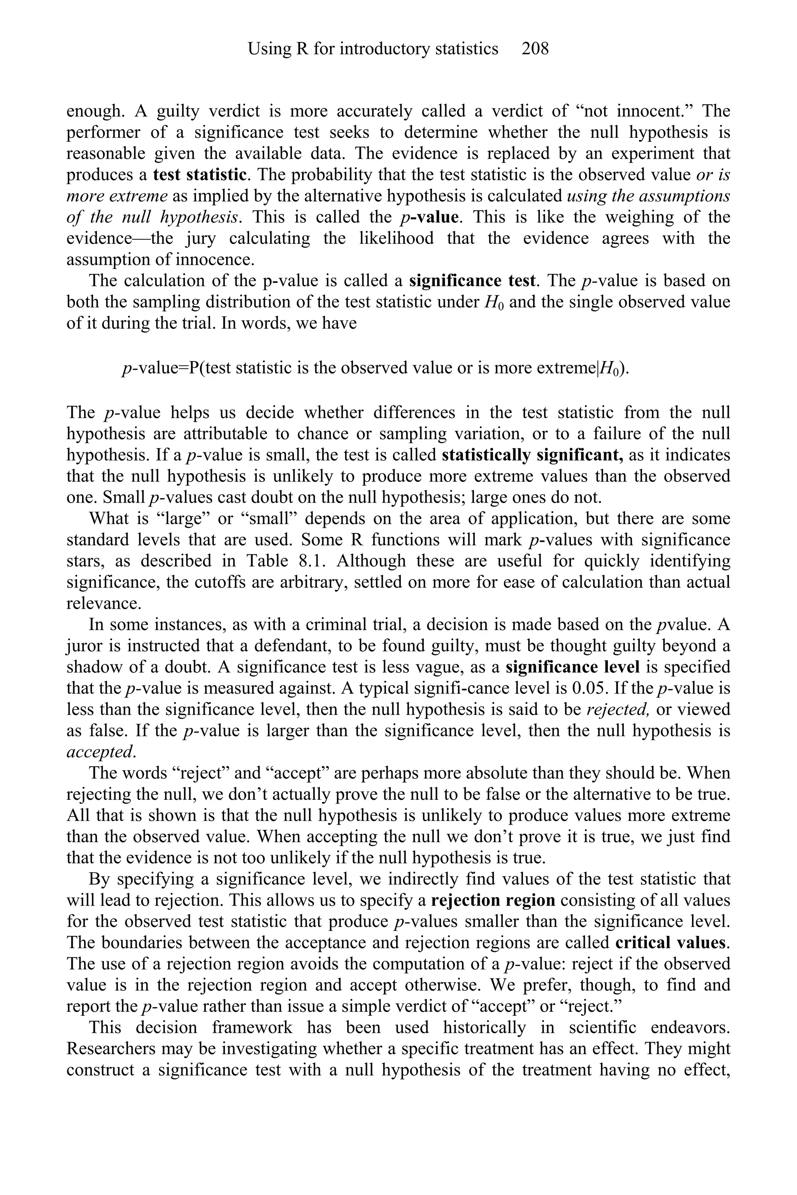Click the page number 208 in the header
coord(535,49)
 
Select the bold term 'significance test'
coord(472,280)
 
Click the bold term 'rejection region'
coord(493,900)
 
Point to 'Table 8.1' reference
coord(287,561)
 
